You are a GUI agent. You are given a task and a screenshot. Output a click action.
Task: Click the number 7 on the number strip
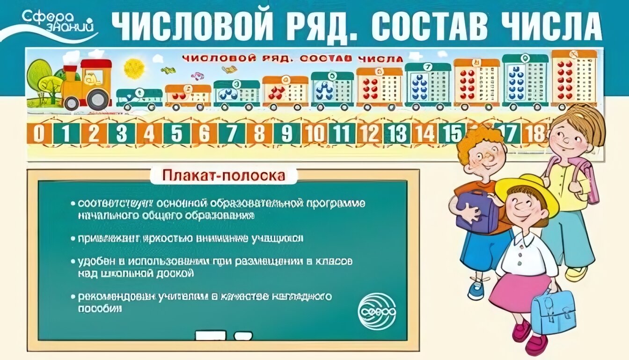(232, 134)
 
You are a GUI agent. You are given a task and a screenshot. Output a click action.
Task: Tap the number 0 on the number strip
(39, 134)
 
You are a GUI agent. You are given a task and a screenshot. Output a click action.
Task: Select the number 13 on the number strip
(398, 134)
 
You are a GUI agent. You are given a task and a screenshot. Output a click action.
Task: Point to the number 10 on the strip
(315, 134)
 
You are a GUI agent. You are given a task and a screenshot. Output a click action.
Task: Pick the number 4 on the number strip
(149, 134)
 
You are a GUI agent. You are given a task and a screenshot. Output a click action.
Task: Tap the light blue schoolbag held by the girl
(553, 310)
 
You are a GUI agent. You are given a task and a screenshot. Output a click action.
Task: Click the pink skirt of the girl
(519, 290)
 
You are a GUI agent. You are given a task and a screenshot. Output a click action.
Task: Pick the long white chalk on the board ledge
(210, 335)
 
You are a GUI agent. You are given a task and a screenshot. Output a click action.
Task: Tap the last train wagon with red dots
(574, 80)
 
